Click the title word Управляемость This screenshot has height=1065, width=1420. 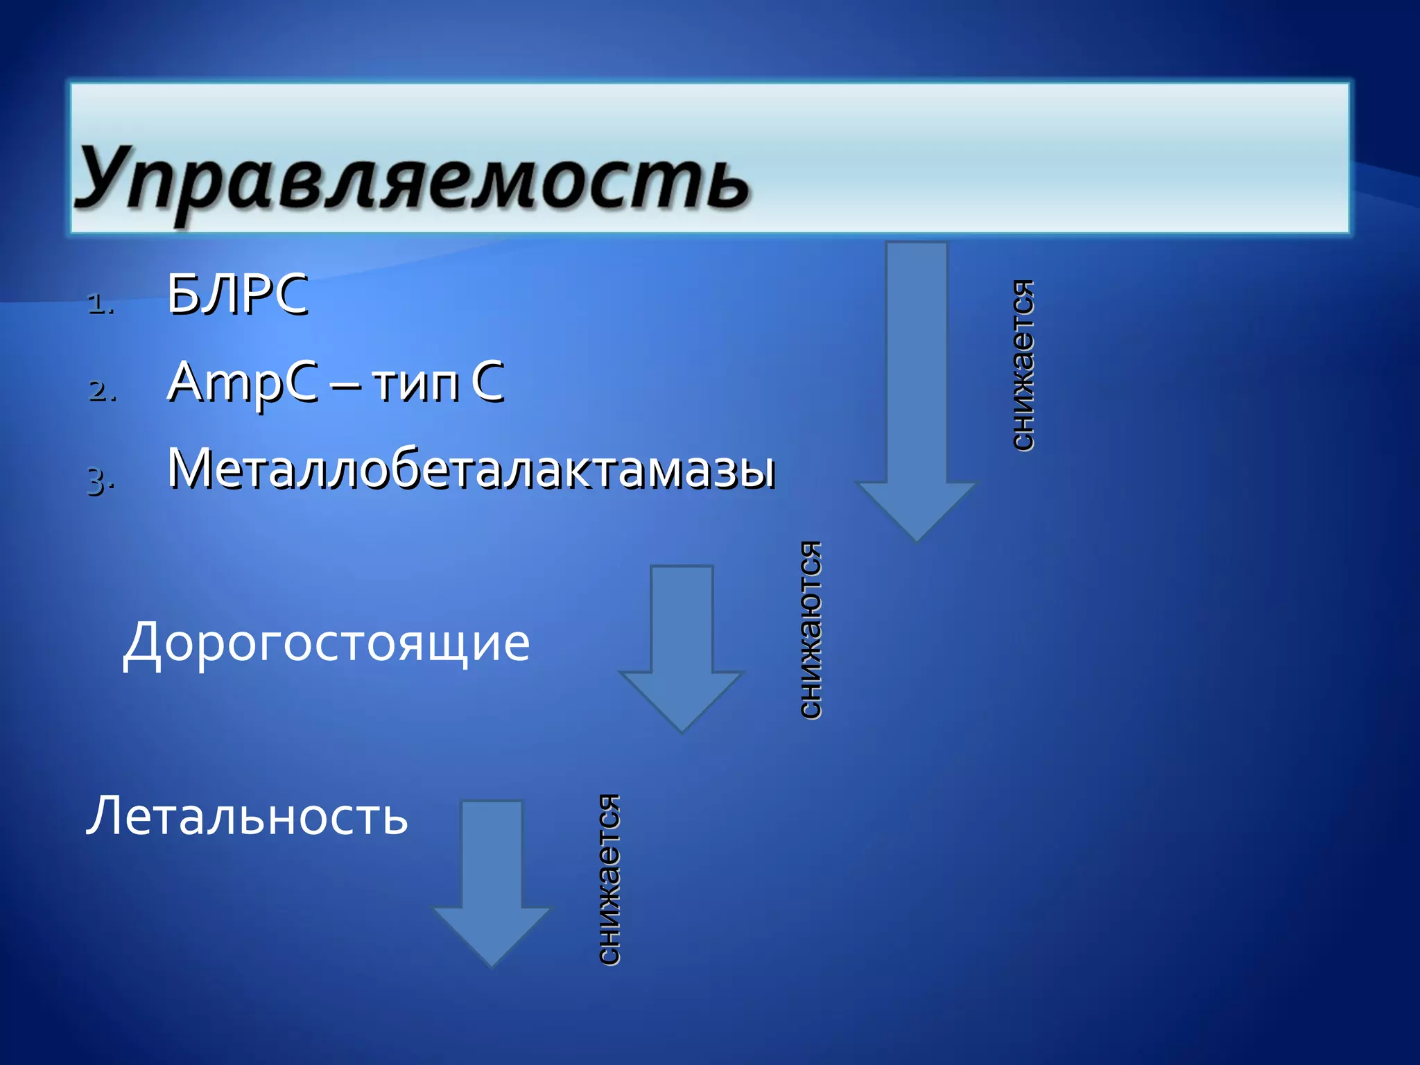click(x=412, y=179)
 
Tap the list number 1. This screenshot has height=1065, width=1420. click(x=101, y=304)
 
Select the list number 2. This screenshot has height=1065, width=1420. click(x=102, y=391)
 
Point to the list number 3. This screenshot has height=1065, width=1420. click(x=101, y=479)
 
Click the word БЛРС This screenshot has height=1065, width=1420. click(x=237, y=295)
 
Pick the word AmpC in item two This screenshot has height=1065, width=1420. click(x=242, y=383)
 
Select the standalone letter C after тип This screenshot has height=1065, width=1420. click(x=487, y=381)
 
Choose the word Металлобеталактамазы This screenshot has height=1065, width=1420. click(x=471, y=469)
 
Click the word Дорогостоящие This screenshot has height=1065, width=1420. click(x=326, y=642)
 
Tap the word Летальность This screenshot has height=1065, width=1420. click(x=247, y=815)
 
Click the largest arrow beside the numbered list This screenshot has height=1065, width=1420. click(x=917, y=388)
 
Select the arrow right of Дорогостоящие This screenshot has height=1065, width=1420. click(x=682, y=645)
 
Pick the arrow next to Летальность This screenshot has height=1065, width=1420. click(x=492, y=881)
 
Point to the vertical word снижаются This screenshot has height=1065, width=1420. click(x=810, y=630)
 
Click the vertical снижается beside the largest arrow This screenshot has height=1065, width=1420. click(x=1023, y=365)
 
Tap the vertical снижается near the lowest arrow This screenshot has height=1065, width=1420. click(x=609, y=879)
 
